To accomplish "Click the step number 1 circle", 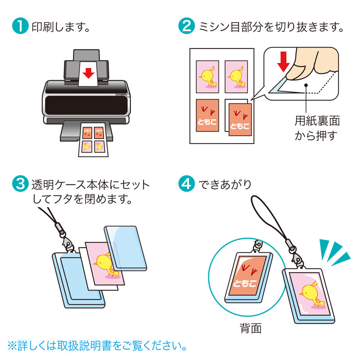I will [x=19, y=27].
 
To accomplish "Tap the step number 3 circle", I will [x=19, y=184].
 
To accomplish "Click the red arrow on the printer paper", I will [x=89, y=72].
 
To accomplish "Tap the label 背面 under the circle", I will [x=251, y=328].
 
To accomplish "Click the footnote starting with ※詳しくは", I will [x=97, y=346].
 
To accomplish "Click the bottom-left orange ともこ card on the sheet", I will [x=208, y=115].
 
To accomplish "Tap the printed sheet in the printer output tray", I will [x=93, y=139].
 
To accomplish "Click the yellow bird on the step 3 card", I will [x=107, y=263].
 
